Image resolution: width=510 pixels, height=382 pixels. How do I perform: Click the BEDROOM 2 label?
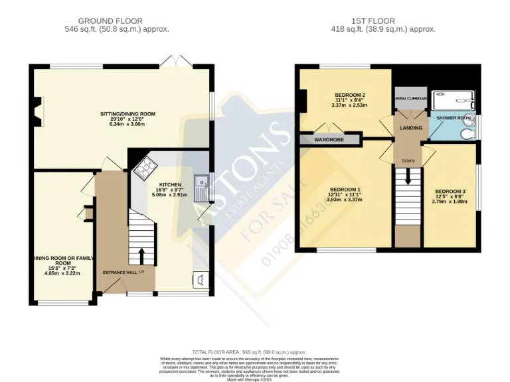click(x=350, y=95)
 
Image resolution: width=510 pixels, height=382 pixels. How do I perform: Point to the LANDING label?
click(x=410, y=127)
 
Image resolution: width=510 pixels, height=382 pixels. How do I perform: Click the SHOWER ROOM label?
click(x=454, y=118)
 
